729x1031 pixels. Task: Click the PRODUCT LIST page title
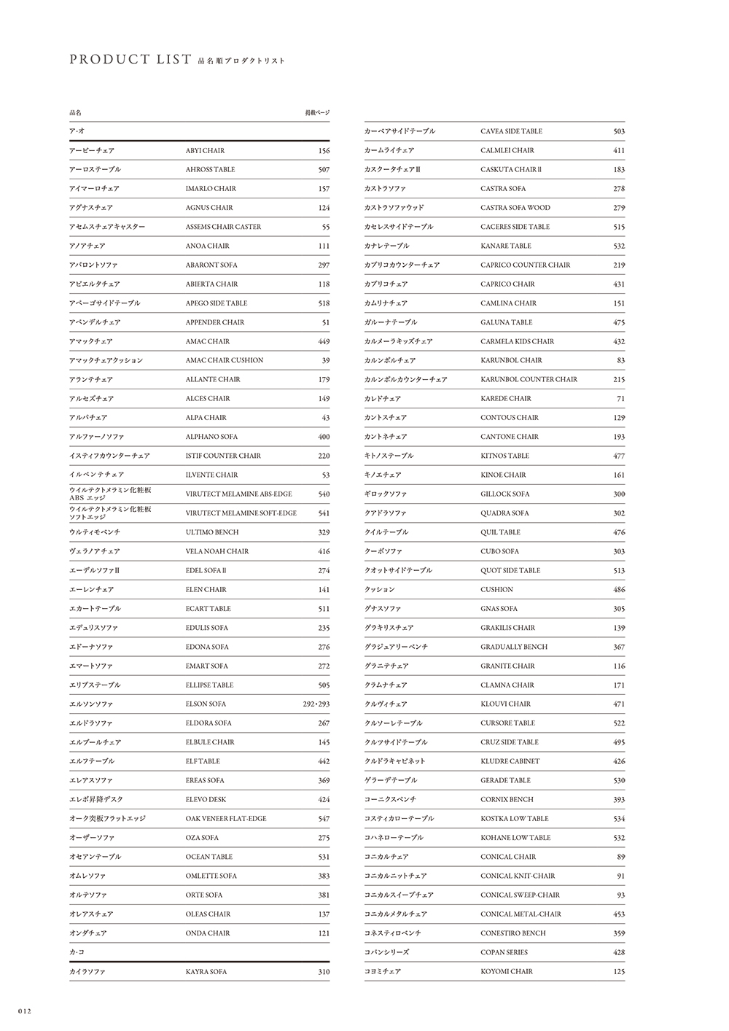click(130, 60)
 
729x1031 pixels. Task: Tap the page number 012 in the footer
click(18, 1011)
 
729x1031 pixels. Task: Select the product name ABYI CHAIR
click(205, 151)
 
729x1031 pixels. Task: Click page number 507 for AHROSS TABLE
click(324, 170)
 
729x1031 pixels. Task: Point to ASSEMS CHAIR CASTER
click(223, 227)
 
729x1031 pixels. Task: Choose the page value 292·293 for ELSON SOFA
click(316, 704)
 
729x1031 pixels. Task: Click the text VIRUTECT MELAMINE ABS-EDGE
click(238, 494)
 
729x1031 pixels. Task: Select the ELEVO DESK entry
click(206, 800)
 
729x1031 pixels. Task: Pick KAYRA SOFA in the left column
click(206, 972)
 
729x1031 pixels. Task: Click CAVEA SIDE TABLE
click(511, 131)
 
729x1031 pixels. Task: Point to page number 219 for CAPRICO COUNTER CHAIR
click(619, 265)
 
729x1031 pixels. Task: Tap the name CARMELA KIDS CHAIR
click(517, 341)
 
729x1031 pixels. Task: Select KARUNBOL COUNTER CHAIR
click(529, 380)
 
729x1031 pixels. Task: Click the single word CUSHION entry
click(496, 590)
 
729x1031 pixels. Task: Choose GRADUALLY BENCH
click(514, 647)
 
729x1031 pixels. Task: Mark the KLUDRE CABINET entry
click(510, 761)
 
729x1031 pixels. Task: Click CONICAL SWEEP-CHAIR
click(520, 895)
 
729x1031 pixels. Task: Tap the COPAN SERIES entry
click(504, 952)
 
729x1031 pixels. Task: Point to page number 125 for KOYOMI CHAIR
click(619, 972)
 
